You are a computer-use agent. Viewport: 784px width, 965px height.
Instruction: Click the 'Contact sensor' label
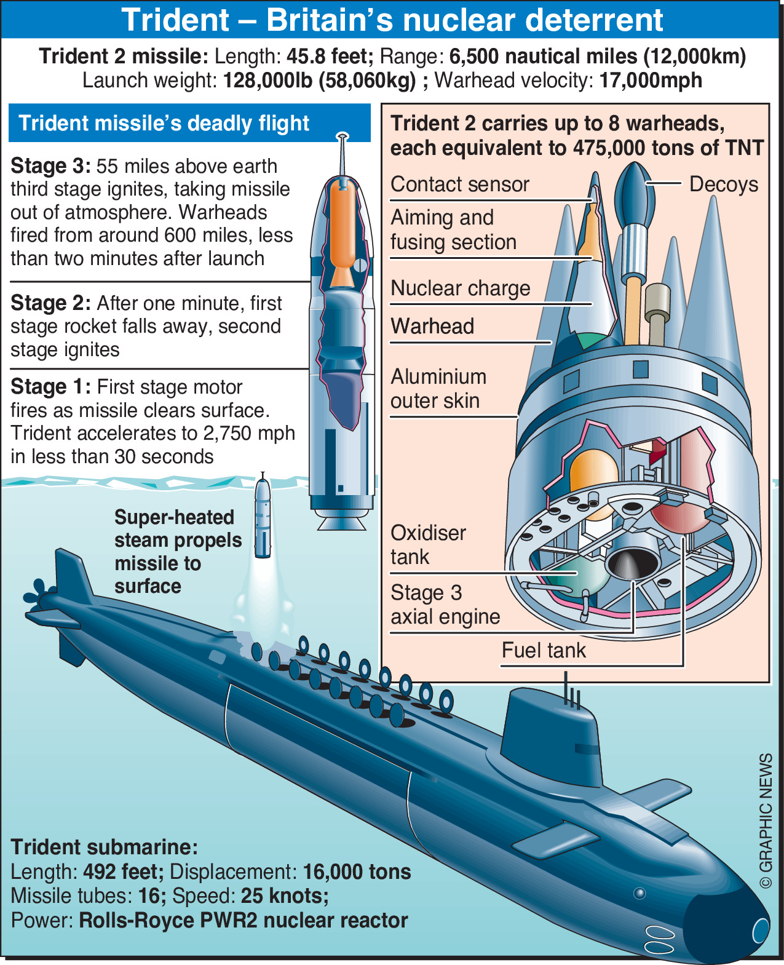coord(459,185)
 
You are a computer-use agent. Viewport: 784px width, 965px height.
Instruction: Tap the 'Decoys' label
coord(723,184)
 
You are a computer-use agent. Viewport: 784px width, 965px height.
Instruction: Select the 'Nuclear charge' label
coord(460,288)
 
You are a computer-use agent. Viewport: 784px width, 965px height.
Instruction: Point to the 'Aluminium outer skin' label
coord(438,389)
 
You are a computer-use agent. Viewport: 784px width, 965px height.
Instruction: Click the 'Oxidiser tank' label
coord(428,545)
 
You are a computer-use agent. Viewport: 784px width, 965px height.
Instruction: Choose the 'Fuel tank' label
coord(544,650)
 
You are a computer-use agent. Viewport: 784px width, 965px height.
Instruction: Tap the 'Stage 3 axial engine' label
coord(445,605)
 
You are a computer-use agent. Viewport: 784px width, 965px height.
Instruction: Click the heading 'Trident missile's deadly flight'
coord(164,123)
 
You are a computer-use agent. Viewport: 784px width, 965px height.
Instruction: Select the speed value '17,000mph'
coord(651,81)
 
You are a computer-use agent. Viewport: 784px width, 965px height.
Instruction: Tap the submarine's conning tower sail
coord(550,732)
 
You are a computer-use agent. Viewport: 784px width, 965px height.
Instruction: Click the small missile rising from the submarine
coord(263,517)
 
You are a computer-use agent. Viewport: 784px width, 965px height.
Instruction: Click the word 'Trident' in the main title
coord(175,20)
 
